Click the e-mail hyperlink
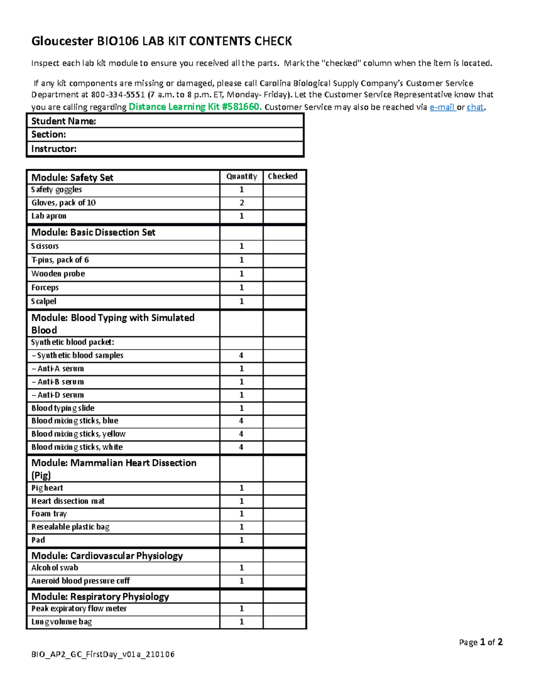(442, 107)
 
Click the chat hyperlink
(475, 107)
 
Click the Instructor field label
(54, 149)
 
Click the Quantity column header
(242, 177)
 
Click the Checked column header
(283, 177)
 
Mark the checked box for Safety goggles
(284, 190)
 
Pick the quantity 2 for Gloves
(242, 203)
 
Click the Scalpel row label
(44, 301)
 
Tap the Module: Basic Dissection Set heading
(93, 232)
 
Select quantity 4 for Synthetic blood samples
(241, 356)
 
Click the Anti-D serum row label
(58, 395)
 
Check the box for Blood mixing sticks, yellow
(284, 434)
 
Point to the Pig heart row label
(47, 488)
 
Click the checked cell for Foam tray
(284, 514)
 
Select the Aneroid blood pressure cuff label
(81, 581)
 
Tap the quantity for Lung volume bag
(242, 622)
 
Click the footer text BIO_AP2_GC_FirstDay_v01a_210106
(103, 655)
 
